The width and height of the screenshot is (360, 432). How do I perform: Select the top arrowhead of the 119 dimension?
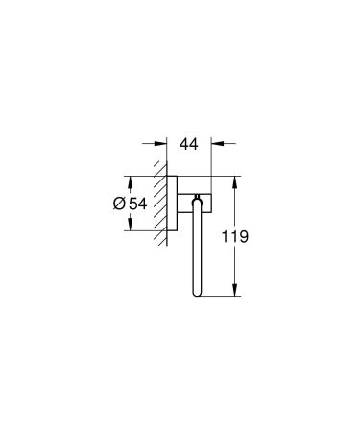coord(233,180)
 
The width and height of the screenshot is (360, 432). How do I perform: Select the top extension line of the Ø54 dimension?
coord(144,175)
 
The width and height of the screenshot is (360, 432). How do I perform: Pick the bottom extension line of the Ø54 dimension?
coord(144,231)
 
